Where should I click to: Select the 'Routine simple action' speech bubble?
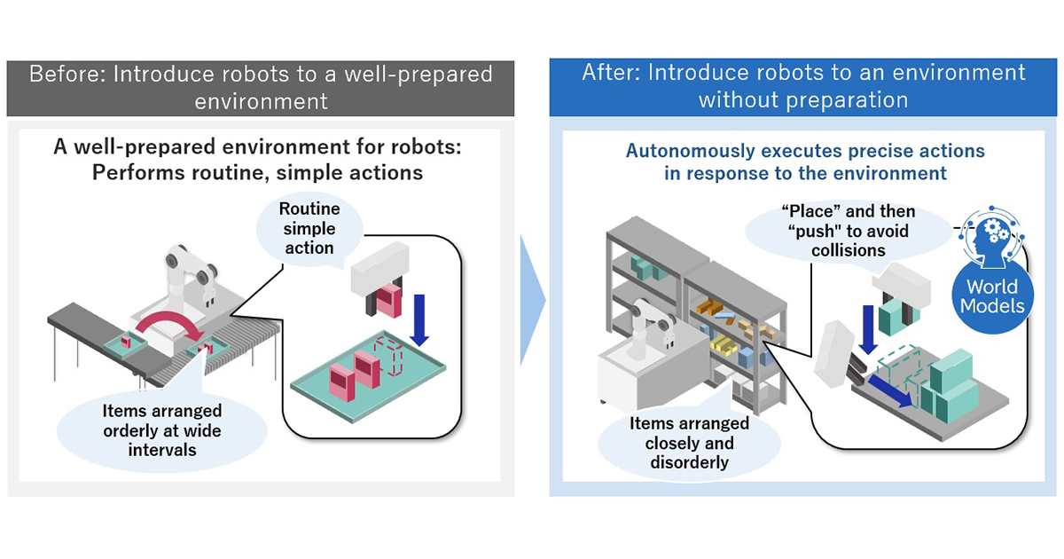tap(308, 228)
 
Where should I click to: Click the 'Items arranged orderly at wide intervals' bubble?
tap(162, 430)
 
